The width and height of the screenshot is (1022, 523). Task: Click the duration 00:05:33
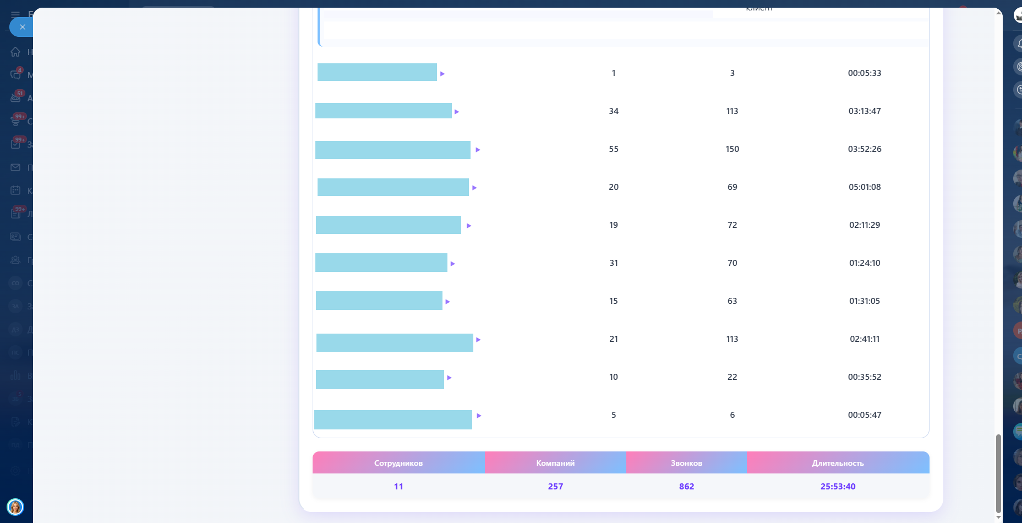pyautogui.click(x=864, y=73)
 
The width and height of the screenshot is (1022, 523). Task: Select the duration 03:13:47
pyautogui.click(x=864, y=111)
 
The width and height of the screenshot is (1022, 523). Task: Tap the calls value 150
pyautogui.click(x=732, y=149)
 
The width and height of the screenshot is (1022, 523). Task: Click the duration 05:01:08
pyautogui.click(x=864, y=187)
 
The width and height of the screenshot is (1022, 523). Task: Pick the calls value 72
pyautogui.click(x=732, y=225)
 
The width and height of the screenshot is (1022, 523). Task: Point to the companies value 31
pyautogui.click(x=614, y=263)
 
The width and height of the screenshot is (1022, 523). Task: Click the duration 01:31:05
pyautogui.click(x=864, y=301)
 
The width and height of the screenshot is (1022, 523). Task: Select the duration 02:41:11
pyautogui.click(x=864, y=339)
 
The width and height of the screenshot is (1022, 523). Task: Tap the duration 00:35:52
pyautogui.click(x=864, y=377)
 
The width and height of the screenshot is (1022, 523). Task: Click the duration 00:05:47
pyautogui.click(x=864, y=415)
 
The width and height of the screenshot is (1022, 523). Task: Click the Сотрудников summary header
pyautogui.click(x=398, y=463)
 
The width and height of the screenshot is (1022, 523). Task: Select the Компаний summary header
pyautogui.click(x=555, y=463)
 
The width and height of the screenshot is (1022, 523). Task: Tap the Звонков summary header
pyautogui.click(x=686, y=463)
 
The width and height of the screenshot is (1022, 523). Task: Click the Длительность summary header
pyautogui.click(x=838, y=463)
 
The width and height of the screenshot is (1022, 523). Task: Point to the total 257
pyautogui.click(x=555, y=487)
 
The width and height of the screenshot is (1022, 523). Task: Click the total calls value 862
pyautogui.click(x=686, y=487)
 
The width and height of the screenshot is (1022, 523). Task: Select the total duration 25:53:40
pyautogui.click(x=838, y=487)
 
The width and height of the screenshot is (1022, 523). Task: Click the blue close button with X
pyautogui.click(x=22, y=27)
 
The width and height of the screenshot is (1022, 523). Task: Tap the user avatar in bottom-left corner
pyautogui.click(x=15, y=506)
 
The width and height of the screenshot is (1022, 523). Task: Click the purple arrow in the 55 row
pyautogui.click(x=478, y=150)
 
